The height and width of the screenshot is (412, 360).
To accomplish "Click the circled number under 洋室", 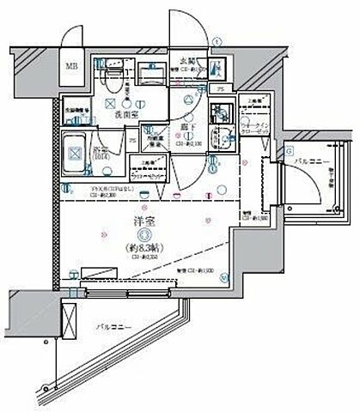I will click(x=145, y=233).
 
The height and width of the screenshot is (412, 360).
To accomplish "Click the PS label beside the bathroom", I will click(x=132, y=142).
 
